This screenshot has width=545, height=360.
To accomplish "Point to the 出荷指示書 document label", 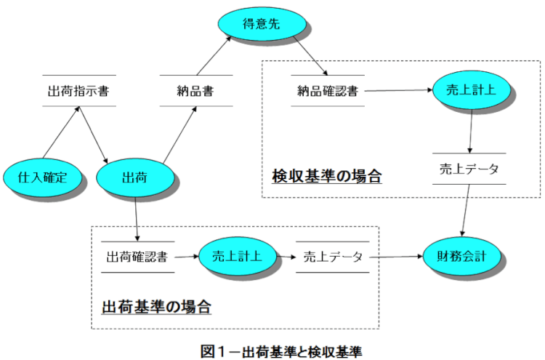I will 78,92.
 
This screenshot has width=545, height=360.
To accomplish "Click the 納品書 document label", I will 195,92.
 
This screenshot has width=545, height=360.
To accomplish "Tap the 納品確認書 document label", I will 327,92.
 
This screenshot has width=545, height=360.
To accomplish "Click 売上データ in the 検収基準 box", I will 469,169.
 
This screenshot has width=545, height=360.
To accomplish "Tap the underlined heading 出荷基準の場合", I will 156,306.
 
